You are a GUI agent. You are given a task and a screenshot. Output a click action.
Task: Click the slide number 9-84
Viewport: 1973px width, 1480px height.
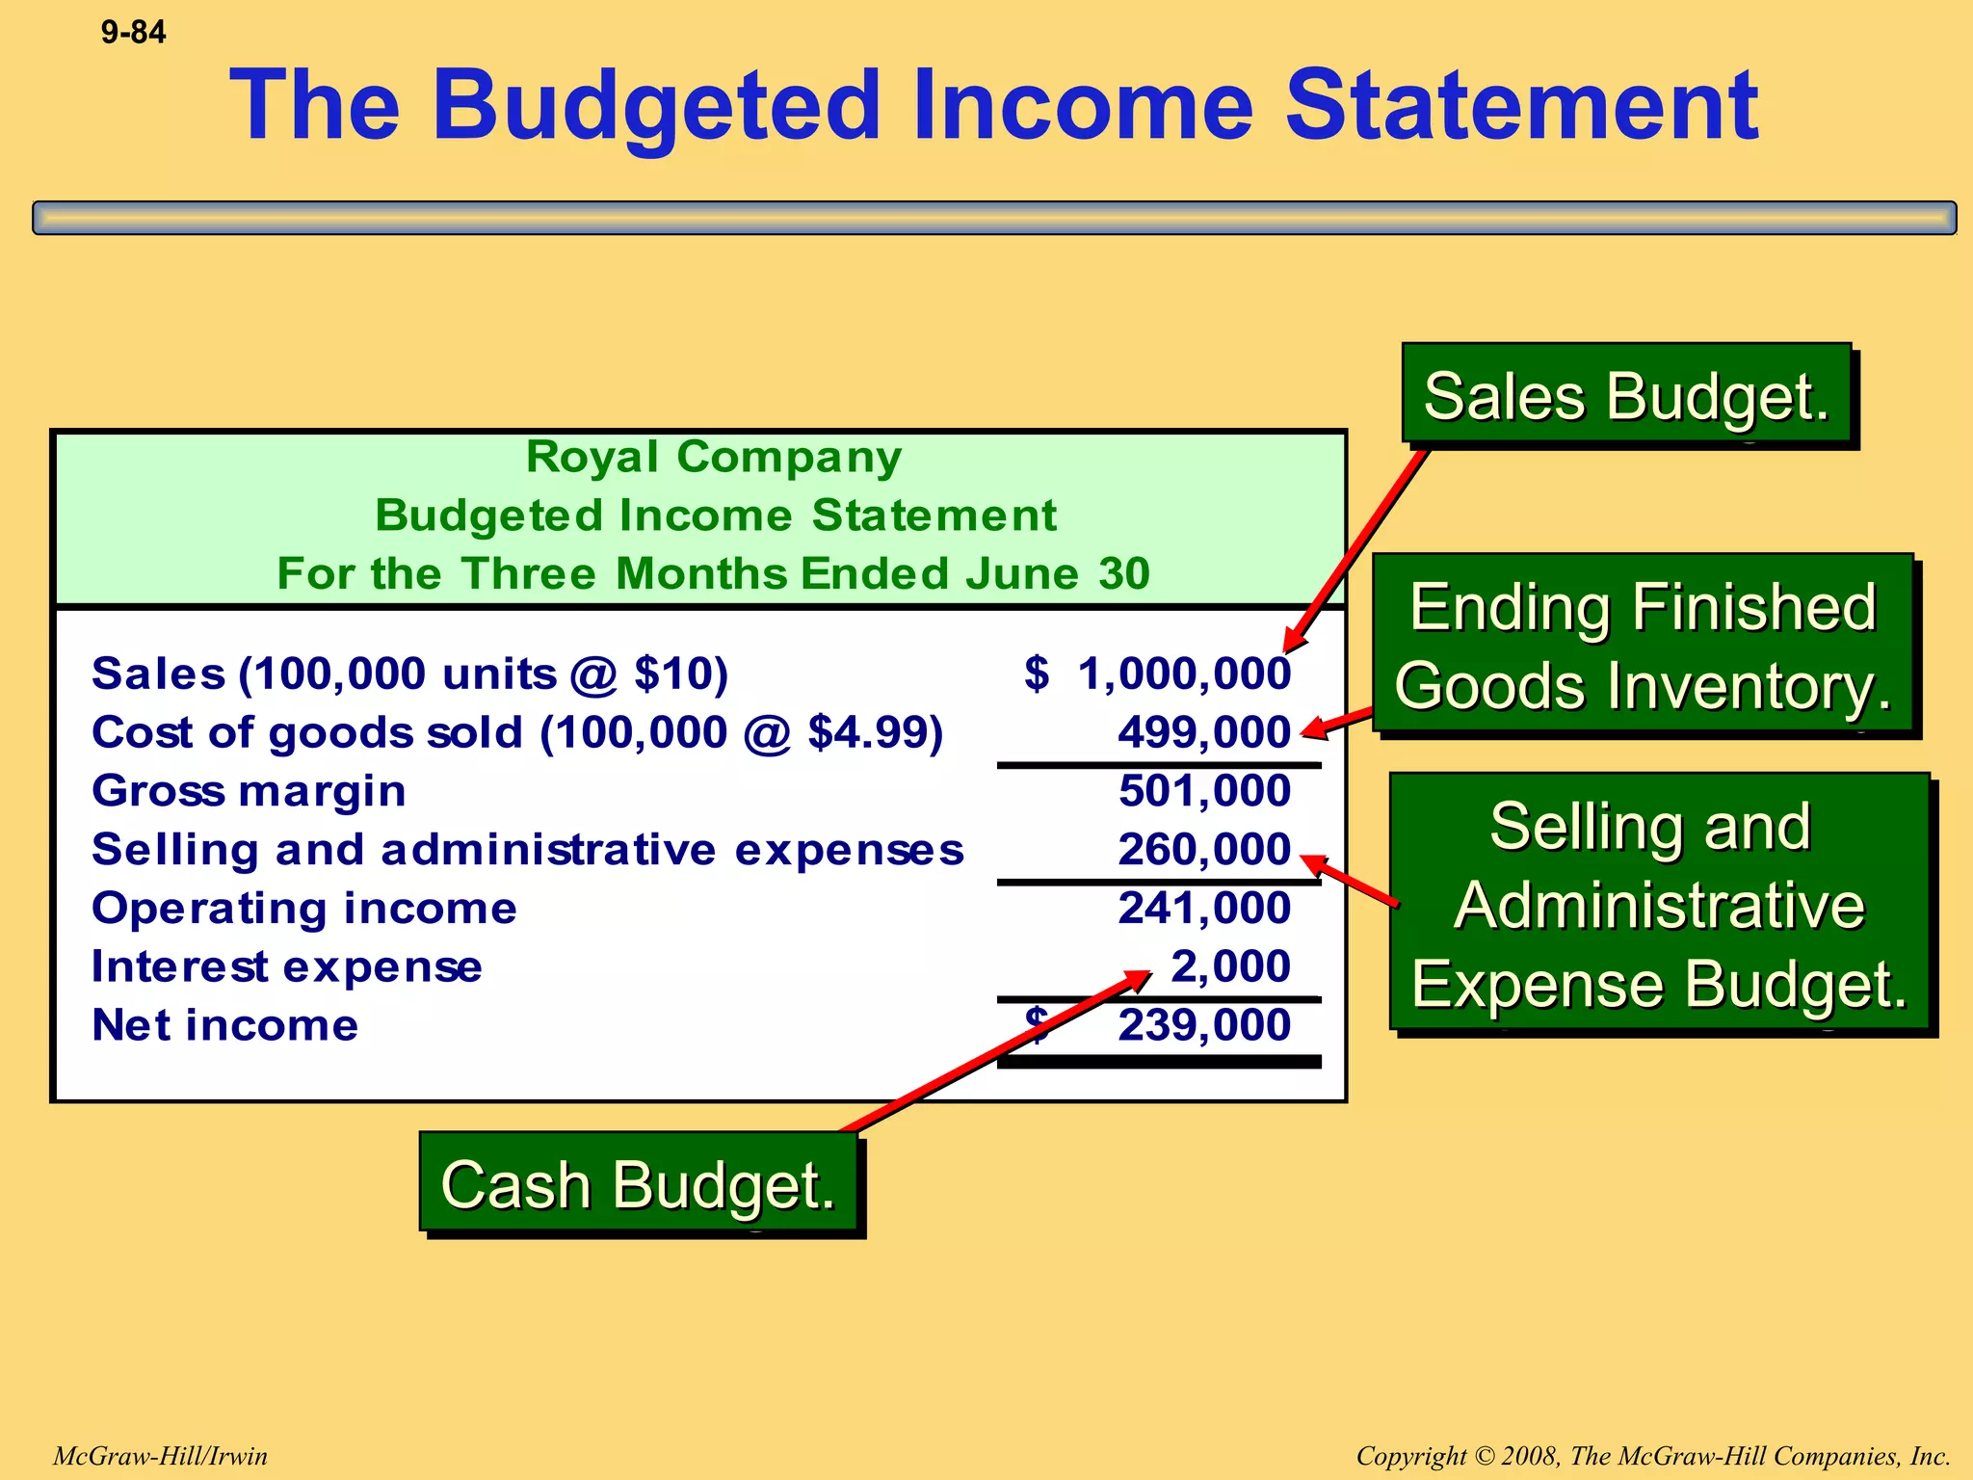(x=133, y=33)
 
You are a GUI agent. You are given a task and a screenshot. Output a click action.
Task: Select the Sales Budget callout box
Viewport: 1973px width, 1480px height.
(x=1626, y=396)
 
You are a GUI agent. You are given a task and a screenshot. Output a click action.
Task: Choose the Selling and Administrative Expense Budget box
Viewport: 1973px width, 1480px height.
(x=1660, y=904)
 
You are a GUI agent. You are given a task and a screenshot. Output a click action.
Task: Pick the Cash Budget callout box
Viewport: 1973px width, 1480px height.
(x=638, y=1183)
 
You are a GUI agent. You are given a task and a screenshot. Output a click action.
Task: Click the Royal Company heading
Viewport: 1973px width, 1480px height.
(x=714, y=457)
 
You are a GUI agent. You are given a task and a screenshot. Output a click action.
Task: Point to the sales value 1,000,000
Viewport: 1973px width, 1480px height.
(x=1184, y=674)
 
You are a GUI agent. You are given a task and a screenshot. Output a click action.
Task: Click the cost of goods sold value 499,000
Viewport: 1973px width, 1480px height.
(x=1204, y=732)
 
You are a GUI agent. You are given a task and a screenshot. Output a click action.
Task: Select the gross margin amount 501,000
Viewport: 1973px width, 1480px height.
(x=1204, y=791)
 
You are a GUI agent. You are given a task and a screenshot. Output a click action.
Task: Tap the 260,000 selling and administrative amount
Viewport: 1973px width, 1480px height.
(x=1204, y=850)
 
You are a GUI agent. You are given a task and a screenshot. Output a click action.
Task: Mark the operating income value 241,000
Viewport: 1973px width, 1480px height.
(x=1204, y=909)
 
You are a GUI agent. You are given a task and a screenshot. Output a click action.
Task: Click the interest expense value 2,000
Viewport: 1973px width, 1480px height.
(x=1230, y=966)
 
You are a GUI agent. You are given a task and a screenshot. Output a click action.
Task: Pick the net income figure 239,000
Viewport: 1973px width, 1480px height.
(x=1204, y=1025)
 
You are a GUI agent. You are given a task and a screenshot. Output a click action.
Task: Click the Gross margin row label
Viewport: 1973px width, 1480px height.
(x=249, y=791)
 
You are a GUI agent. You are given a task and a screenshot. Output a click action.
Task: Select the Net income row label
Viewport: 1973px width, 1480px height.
(x=224, y=1025)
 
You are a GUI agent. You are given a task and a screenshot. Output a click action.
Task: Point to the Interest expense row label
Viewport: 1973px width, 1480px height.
(x=286, y=966)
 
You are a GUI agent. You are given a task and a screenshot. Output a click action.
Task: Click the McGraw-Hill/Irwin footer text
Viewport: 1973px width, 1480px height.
(x=160, y=1456)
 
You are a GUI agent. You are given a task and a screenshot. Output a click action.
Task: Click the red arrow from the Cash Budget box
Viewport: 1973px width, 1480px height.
(x=992, y=1053)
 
